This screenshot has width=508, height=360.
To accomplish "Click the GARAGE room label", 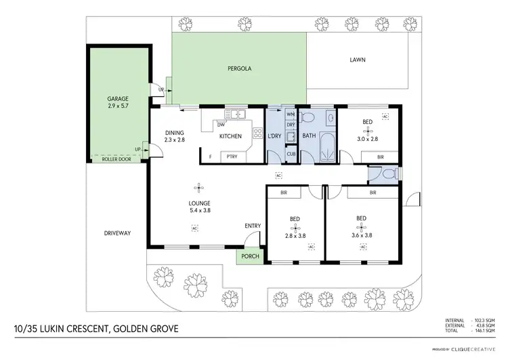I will tap(118, 98).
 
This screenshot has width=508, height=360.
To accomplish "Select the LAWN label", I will tap(357, 60).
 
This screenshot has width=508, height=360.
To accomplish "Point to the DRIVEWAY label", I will tap(117, 233).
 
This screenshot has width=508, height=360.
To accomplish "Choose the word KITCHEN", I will tap(230, 137).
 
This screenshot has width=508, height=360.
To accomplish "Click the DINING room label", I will tap(174, 133).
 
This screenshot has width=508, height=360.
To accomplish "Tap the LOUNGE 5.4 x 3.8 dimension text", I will tap(199, 210).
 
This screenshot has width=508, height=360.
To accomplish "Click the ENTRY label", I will tap(252, 226).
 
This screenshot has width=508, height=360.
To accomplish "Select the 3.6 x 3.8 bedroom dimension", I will tap(361, 235).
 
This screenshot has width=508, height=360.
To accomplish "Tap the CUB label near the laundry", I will tap(291, 154).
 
